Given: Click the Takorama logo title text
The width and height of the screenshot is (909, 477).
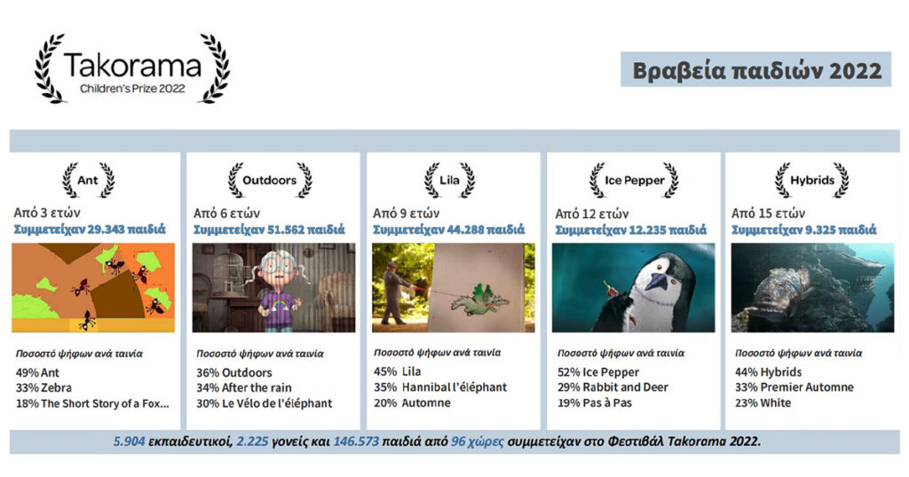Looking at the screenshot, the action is (x=132, y=66).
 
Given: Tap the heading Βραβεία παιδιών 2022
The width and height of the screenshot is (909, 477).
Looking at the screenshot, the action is (x=756, y=71).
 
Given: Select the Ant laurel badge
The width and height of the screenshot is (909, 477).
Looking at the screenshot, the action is (x=88, y=180).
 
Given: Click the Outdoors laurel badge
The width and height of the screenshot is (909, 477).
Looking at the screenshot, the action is (x=270, y=180).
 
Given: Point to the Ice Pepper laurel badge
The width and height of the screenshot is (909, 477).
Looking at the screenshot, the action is (x=634, y=180).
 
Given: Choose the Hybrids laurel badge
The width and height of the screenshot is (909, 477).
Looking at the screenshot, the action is (x=812, y=180).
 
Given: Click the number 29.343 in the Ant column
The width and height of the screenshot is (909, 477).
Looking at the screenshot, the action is (x=106, y=230).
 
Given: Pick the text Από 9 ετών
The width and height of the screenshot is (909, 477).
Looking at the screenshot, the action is (x=406, y=214).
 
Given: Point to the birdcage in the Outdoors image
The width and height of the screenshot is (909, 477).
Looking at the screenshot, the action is (x=230, y=276).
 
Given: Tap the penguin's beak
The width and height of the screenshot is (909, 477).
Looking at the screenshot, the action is (x=658, y=282).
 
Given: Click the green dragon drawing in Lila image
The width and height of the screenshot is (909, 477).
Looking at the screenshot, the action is (x=478, y=299).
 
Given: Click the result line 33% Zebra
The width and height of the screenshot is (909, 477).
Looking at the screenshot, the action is (x=43, y=387).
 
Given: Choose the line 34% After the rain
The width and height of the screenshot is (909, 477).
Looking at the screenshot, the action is (x=244, y=387).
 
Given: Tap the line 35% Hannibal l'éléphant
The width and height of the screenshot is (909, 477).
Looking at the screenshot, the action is (x=440, y=387).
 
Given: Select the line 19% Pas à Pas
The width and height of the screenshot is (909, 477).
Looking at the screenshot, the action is (x=595, y=403).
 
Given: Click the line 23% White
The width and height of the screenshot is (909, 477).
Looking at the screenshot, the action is (x=763, y=403).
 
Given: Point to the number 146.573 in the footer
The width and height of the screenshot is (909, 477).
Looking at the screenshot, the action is (x=356, y=442).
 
